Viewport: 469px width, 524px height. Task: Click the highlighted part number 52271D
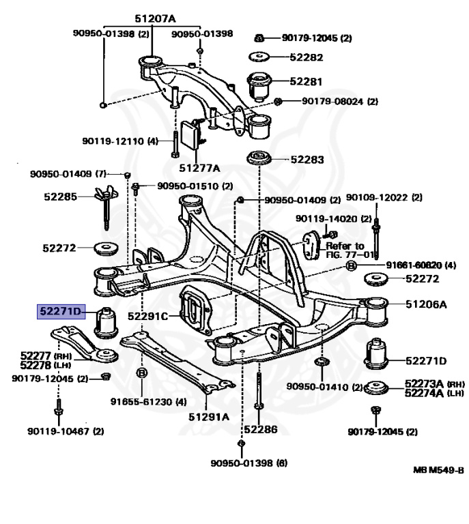59,312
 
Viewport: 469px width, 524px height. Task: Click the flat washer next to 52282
260,55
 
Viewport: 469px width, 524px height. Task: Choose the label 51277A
199,167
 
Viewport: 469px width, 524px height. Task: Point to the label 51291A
209,416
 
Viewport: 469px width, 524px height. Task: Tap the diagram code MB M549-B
438,470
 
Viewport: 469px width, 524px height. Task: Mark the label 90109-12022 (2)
384,198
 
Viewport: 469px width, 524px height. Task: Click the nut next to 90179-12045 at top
259,38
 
